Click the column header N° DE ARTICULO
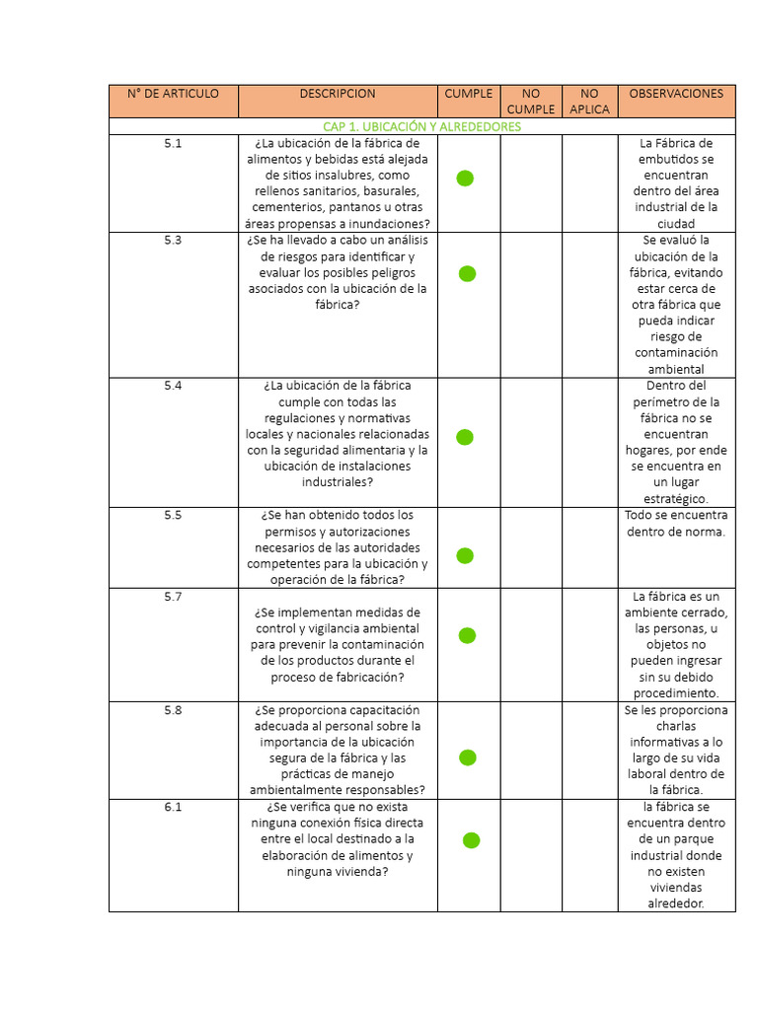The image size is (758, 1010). click(173, 94)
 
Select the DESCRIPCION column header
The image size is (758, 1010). click(338, 94)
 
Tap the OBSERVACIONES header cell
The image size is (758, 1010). click(676, 94)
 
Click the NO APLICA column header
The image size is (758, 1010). click(589, 101)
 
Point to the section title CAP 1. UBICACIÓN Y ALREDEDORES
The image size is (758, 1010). click(421, 127)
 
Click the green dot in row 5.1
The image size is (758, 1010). click(465, 178)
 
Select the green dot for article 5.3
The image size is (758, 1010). click(467, 273)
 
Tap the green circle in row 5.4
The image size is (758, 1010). click(465, 437)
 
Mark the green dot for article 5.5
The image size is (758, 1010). click(465, 556)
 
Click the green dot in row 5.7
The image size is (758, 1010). click(467, 635)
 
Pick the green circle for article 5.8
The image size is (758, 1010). click(467, 757)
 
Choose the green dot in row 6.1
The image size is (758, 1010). click(471, 840)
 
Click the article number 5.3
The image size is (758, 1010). click(173, 240)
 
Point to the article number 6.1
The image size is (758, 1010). click(173, 807)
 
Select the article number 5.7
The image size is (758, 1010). click(173, 597)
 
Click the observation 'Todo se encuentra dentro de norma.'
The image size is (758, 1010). click(676, 524)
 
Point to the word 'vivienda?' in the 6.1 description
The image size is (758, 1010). click(362, 872)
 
